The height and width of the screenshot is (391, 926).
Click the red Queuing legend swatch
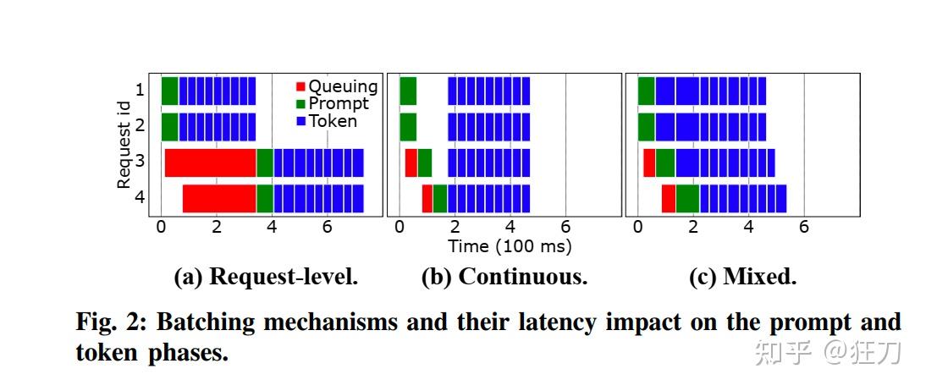tap(300, 86)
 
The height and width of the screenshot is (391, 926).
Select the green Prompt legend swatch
tap(300, 103)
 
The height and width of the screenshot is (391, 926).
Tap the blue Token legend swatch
tap(300, 121)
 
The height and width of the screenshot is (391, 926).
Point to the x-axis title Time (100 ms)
tap(510, 246)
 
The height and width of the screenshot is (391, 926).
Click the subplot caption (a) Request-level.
tap(266, 277)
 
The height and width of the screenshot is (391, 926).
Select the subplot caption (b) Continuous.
tap(504, 277)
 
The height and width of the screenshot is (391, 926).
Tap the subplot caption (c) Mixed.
tap(743, 277)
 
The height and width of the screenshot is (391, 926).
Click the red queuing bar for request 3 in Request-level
tap(210, 162)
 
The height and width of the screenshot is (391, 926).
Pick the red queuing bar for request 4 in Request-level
tap(219, 199)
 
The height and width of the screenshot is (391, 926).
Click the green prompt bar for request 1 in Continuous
tap(408, 91)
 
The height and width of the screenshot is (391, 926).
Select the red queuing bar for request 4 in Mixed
tap(668, 199)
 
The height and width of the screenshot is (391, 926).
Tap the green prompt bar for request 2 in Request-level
tap(169, 127)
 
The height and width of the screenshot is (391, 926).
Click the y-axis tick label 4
tap(141, 199)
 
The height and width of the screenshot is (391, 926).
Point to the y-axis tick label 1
tap(141, 91)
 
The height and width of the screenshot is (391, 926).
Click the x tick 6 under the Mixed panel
tap(803, 227)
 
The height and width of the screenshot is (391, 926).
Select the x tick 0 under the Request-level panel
tap(161, 227)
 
